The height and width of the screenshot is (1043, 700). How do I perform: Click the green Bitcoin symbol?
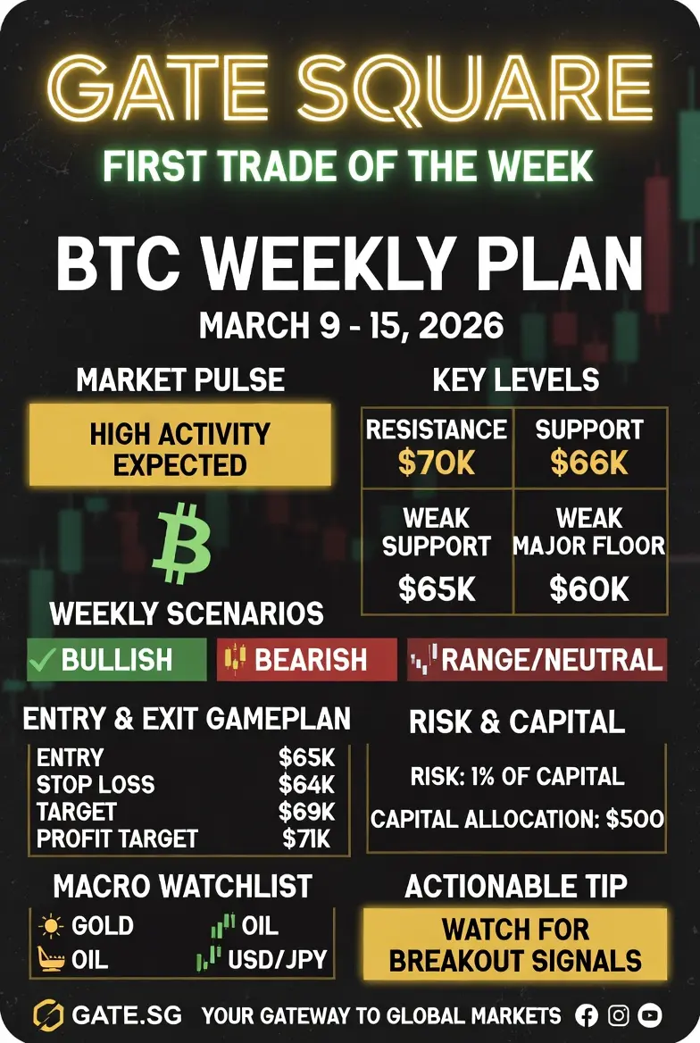pos(181,543)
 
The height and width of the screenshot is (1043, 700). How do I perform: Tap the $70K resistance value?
pos(437,463)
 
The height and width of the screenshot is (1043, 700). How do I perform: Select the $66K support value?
pos(589,463)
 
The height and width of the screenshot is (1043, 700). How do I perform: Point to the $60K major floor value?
pos(589,588)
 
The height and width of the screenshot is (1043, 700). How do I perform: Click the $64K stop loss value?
pos(307,785)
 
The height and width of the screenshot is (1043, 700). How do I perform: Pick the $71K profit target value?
pos(307,839)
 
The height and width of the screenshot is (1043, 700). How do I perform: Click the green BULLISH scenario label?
pos(117,660)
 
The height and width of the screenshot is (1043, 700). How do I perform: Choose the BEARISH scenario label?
pos(307,660)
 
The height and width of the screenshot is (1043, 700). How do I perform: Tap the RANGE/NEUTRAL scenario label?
pos(537,660)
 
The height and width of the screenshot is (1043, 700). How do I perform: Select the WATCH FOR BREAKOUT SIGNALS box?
pos(515,945)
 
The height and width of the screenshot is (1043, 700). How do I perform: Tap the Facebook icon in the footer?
pos(587,1015)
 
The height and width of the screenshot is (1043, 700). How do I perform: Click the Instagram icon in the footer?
pos(618,1015)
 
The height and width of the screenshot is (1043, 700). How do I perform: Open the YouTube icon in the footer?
pos(649,1015)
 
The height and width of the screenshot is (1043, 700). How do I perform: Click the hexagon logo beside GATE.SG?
pos(47,1015)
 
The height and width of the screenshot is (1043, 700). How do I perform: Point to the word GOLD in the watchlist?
pos(103,925)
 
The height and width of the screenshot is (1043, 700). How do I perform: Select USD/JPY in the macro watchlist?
pos(278,959)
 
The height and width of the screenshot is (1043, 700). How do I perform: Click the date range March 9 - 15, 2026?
pos(351,326)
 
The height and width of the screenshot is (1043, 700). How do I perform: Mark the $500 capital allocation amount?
pos(635,818)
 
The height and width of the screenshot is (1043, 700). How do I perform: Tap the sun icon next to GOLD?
pos(51,926)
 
